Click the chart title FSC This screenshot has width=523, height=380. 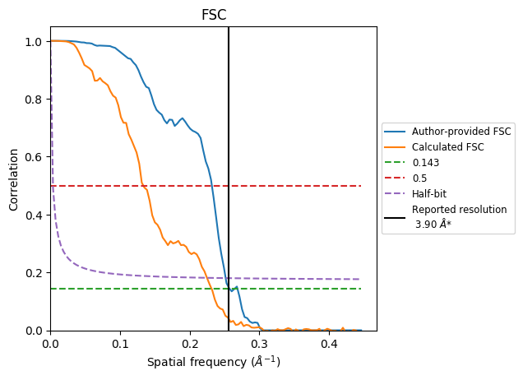[214, 15]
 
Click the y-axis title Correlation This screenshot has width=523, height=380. [14, 178]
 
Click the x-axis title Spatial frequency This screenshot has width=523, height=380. [214, 362]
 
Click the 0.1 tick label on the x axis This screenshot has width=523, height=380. [120, 343]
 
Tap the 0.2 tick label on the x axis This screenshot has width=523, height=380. [190, 343]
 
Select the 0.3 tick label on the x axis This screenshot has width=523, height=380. [259, 343]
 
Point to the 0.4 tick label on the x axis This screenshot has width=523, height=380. [329, 343]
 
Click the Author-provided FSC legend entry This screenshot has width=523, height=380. [461, 132]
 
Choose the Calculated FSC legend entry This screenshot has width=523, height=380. [447, 147]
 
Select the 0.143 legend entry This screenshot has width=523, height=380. [425, 163]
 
